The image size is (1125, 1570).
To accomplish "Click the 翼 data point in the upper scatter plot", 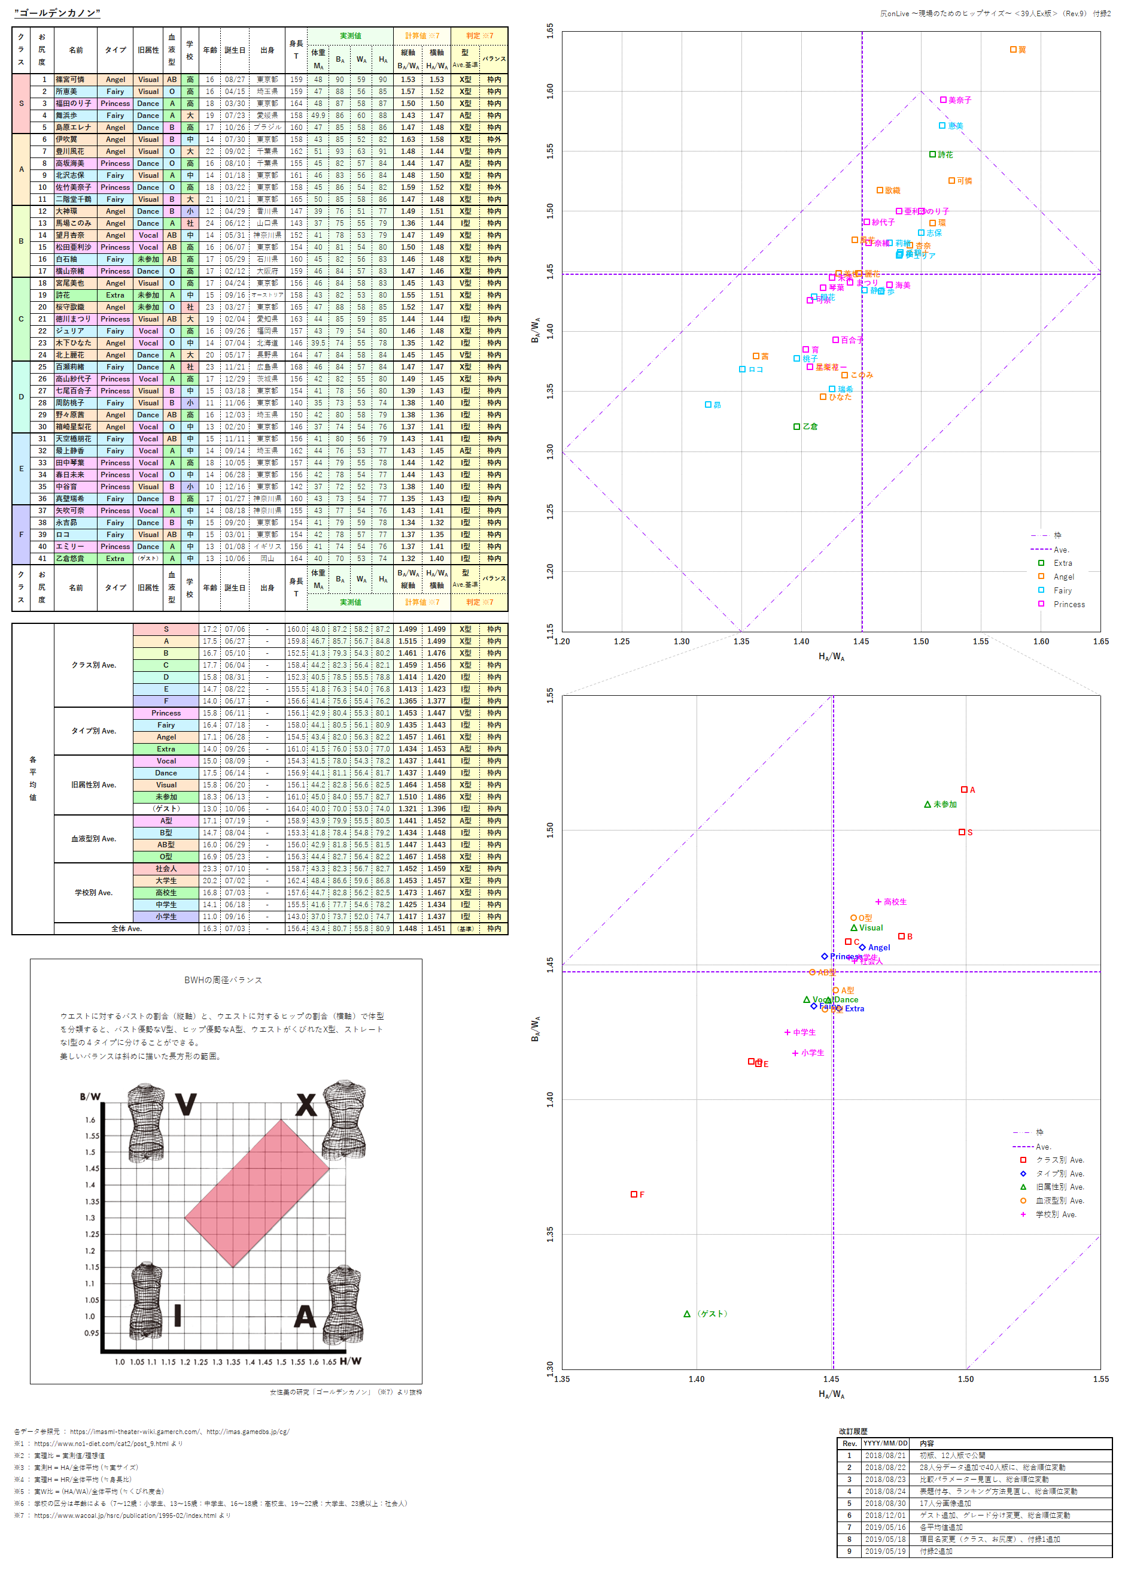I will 1013,50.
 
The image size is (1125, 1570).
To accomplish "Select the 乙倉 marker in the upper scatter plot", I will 797,426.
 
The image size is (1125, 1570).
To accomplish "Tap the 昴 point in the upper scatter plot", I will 708,404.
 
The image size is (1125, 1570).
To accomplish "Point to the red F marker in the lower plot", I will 634,1194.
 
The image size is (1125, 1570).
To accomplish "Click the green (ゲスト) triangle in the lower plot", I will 687,1314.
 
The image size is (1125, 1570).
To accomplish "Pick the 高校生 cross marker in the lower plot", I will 878,901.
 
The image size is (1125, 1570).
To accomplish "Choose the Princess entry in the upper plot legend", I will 1068,604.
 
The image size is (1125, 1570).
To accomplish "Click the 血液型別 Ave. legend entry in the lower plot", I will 1059,1201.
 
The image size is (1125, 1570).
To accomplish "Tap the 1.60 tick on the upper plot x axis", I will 1041,642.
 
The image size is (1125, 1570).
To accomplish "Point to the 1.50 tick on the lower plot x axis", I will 966,1379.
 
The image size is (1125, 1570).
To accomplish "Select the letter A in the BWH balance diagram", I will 305,1317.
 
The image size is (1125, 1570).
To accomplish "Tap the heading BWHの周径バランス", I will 223,980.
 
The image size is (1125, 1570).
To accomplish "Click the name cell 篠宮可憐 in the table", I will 70,80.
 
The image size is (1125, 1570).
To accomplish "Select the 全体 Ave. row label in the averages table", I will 127,928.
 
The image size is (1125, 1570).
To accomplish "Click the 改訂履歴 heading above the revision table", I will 853,1432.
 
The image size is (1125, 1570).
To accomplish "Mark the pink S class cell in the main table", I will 21,103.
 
